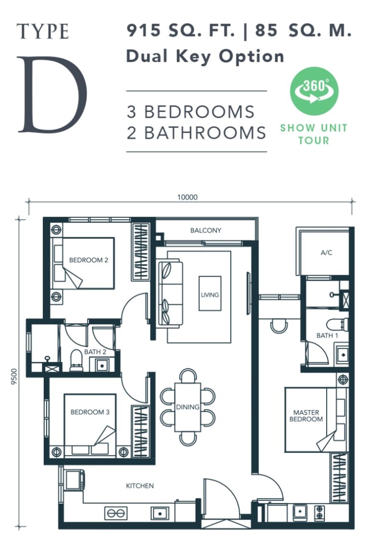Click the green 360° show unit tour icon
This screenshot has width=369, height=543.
pos(314,91)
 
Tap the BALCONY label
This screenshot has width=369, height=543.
pos(206,230)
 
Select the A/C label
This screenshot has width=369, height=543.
pos(326,252)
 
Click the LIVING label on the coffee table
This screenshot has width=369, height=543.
pos(210,295)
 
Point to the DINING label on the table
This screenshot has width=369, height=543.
pos(187,407)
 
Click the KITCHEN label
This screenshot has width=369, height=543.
pos(140,486)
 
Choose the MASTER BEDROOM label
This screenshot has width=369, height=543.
pos(306,416)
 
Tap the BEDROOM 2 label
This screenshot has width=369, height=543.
pos(88,259)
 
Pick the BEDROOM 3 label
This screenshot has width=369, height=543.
pos(90,412)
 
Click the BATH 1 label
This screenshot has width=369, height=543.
pos(327,335)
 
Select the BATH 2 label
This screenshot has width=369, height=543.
pos(95,352)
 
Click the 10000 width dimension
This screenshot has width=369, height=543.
pos(187,197)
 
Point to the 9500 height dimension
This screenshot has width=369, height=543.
pos(14,376)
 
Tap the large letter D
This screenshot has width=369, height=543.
pos(52,94)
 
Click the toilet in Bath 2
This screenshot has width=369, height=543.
pos(76,360)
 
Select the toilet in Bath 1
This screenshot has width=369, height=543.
pos(337,324)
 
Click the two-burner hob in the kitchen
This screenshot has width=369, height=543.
pos(116,513)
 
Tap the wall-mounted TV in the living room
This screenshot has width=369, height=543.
pos(248,293)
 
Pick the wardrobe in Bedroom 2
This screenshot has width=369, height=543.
pos(141,252)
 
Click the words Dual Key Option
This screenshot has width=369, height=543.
pos(205,56)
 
